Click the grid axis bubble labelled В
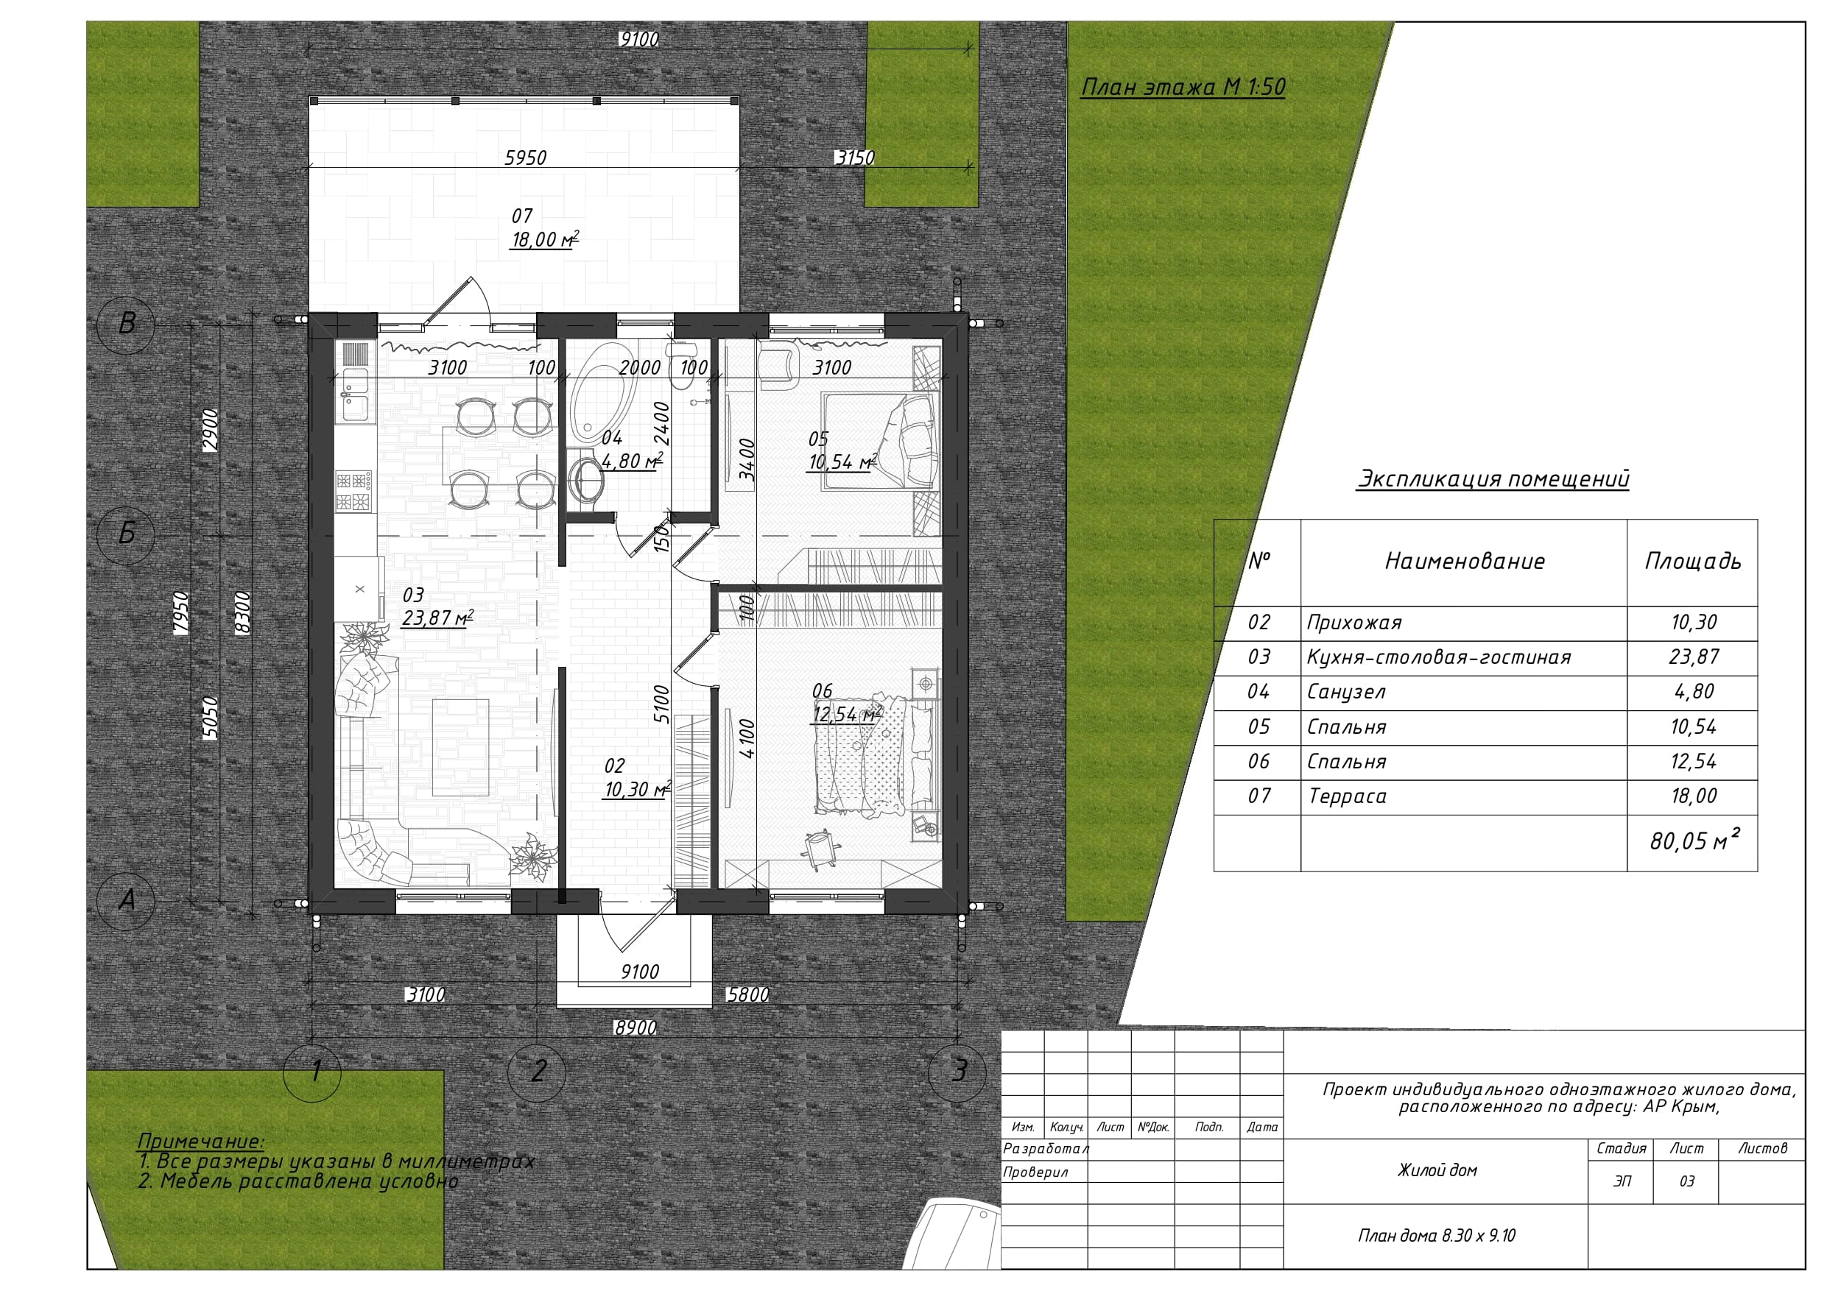(126, 324)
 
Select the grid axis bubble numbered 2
(537, 1072)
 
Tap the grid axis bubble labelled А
(126, 900)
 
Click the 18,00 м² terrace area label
(544, 239)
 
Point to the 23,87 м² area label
(437, 618)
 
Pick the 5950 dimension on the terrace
(525, 158)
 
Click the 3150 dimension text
(855, 158)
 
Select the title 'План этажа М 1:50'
(1183, 87)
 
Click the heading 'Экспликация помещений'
(1493, 479)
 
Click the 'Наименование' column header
(1465, 562)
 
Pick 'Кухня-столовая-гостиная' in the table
(1439, 657)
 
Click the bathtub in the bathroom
(603, 395)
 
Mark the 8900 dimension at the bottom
(635, 1028)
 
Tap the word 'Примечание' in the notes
(200, 1141)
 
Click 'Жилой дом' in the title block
(1437, 1170)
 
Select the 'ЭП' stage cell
(1622, 1181)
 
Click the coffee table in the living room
(461, 747)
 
